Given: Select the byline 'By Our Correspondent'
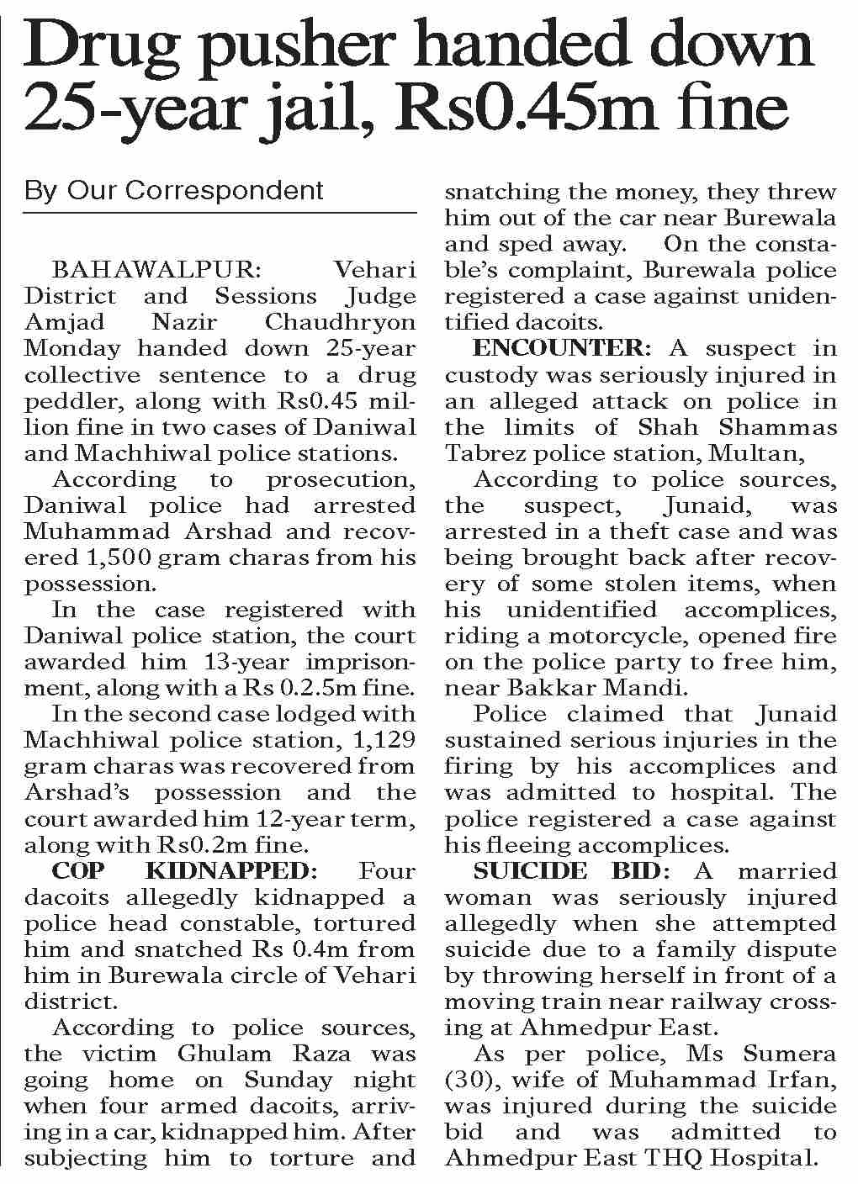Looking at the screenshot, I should click(174, 190).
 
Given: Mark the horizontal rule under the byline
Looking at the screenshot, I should click(220, 214).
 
